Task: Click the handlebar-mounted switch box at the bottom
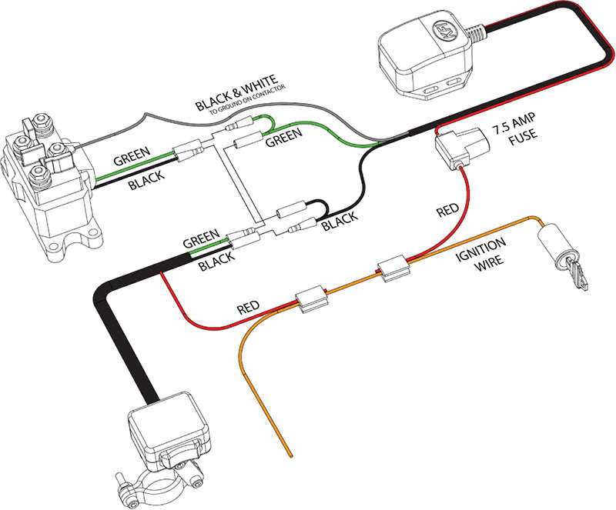170,434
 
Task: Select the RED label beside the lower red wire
248,307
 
